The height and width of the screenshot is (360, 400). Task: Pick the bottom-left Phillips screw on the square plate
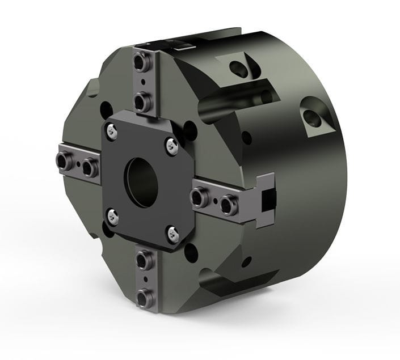(112, 216)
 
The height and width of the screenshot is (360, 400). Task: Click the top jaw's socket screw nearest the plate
(142, 103)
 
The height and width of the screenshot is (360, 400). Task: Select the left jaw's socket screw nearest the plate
(89, 168)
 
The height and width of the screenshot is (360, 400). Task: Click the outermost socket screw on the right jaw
(229, 205)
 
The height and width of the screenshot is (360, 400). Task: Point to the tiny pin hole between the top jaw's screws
(142, 84)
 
